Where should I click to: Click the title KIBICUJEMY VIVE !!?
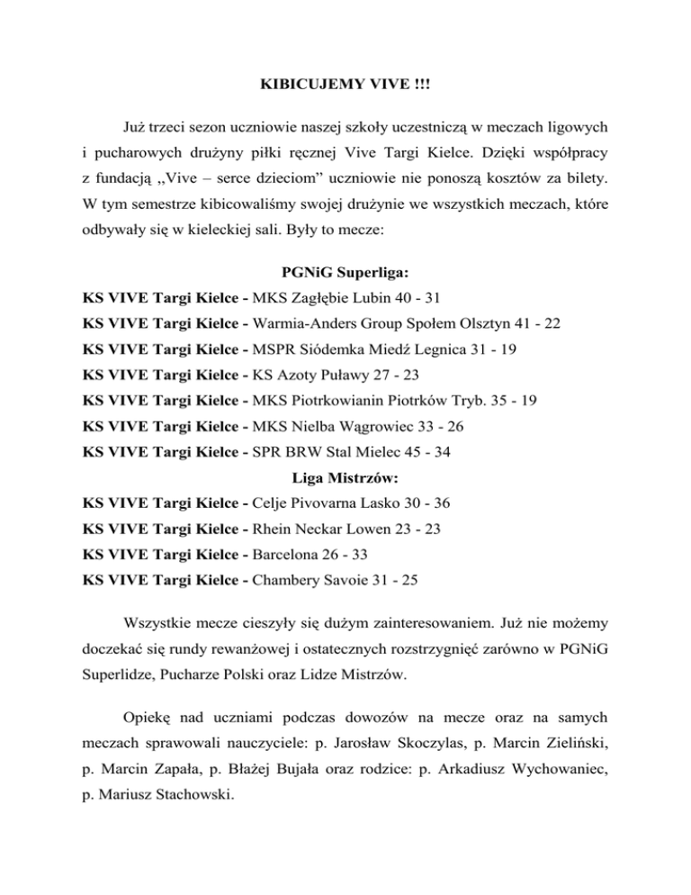tap(345, 90)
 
